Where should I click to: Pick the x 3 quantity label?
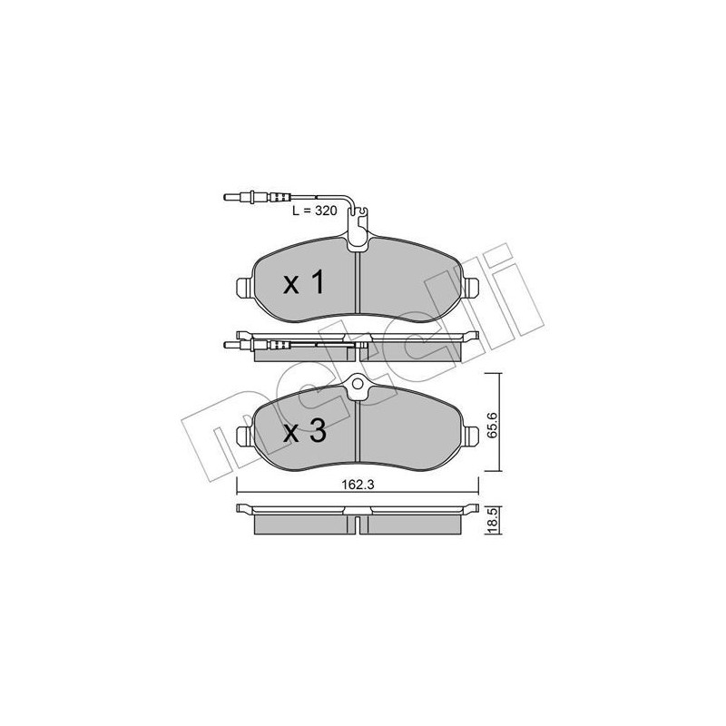[304, 432]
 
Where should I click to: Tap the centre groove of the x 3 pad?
[358, 436]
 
